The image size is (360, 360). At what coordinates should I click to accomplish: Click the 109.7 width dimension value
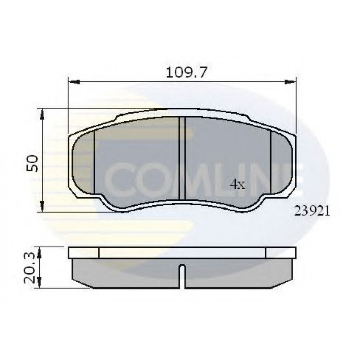point(186,72)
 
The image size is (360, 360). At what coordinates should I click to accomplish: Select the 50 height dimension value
point(32,163)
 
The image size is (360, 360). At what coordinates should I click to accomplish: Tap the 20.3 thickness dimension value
point(30,267)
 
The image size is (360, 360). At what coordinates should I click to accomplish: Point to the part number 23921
point(312,211)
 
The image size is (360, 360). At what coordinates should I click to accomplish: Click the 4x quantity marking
point(237,184)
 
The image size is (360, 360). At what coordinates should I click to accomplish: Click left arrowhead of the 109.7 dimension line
point(74,82)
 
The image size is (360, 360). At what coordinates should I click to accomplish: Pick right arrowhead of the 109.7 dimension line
point(290,82)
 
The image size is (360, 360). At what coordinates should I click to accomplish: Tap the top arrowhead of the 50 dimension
point(42,114)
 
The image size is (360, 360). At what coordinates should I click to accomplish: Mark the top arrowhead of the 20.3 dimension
point(39,253)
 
